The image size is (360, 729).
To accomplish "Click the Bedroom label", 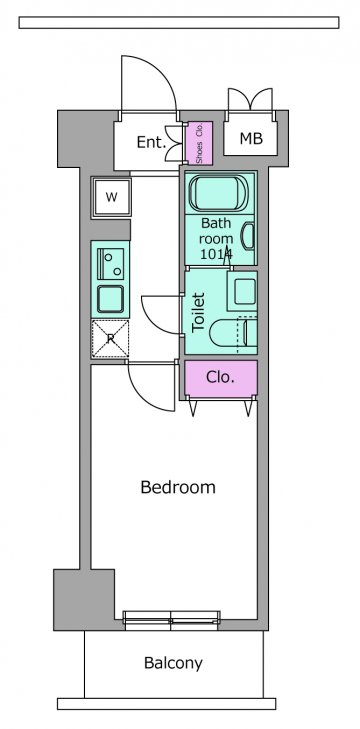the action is click(x=178, y=487).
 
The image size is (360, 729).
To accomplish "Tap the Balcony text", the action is click(x=173, y=663).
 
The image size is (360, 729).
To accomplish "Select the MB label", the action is click(x=251, y=138).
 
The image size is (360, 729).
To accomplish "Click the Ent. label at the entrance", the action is click(x=152, y=142).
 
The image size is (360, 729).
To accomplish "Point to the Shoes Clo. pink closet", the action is click(x=199, y=143).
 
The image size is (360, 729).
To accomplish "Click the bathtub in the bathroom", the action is click(x=220, y=193).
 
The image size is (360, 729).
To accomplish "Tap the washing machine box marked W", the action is click(x=111, y=197).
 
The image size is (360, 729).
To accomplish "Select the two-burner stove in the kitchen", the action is click(x=111, y=264).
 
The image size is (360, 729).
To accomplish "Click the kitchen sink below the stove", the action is click(x=110, y=298).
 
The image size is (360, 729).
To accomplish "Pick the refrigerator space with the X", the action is click(x=110, y=339).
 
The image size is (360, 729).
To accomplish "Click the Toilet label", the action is click(x=199, y=311).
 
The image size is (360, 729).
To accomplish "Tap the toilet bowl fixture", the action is click(x=233, y=332).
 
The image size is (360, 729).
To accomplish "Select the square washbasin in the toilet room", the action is click(x=242, y=291).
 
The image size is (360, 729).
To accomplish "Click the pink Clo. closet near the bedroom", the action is click(x=221, y=378).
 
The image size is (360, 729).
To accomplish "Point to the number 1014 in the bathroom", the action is click(x=216, y=254).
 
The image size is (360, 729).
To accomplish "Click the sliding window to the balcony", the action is click(x=171, y=620).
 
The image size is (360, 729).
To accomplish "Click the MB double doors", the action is click(x=250, y=99).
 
